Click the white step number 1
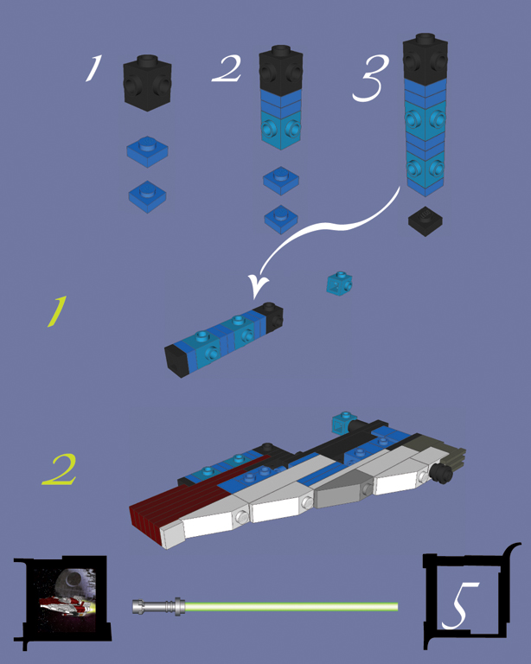93,69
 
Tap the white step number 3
369,80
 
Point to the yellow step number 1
56,312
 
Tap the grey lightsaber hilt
159,606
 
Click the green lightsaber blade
294,606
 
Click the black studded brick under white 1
147,82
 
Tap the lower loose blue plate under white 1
146,195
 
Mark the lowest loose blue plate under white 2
281,219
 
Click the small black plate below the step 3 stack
426,220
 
